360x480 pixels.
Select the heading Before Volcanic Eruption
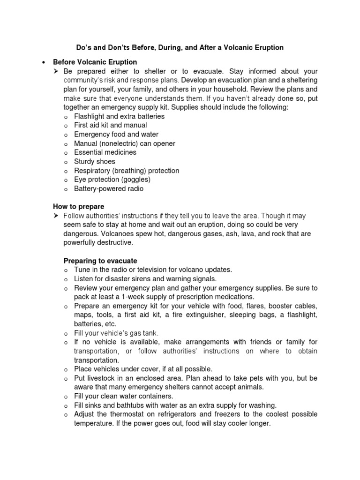[x=95, y=62]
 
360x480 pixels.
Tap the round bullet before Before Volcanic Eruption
[x=43, y=62]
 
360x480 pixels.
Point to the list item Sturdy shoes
[x=94, y=161]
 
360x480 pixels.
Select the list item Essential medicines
[x=105, y=152]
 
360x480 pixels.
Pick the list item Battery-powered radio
[x=109, y=188]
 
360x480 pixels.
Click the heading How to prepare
[x=78, y=206]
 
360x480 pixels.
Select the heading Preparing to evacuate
[x=100, y=261]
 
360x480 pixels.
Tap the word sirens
[x=141, y=279]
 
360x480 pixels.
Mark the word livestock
[x=101, y=378]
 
